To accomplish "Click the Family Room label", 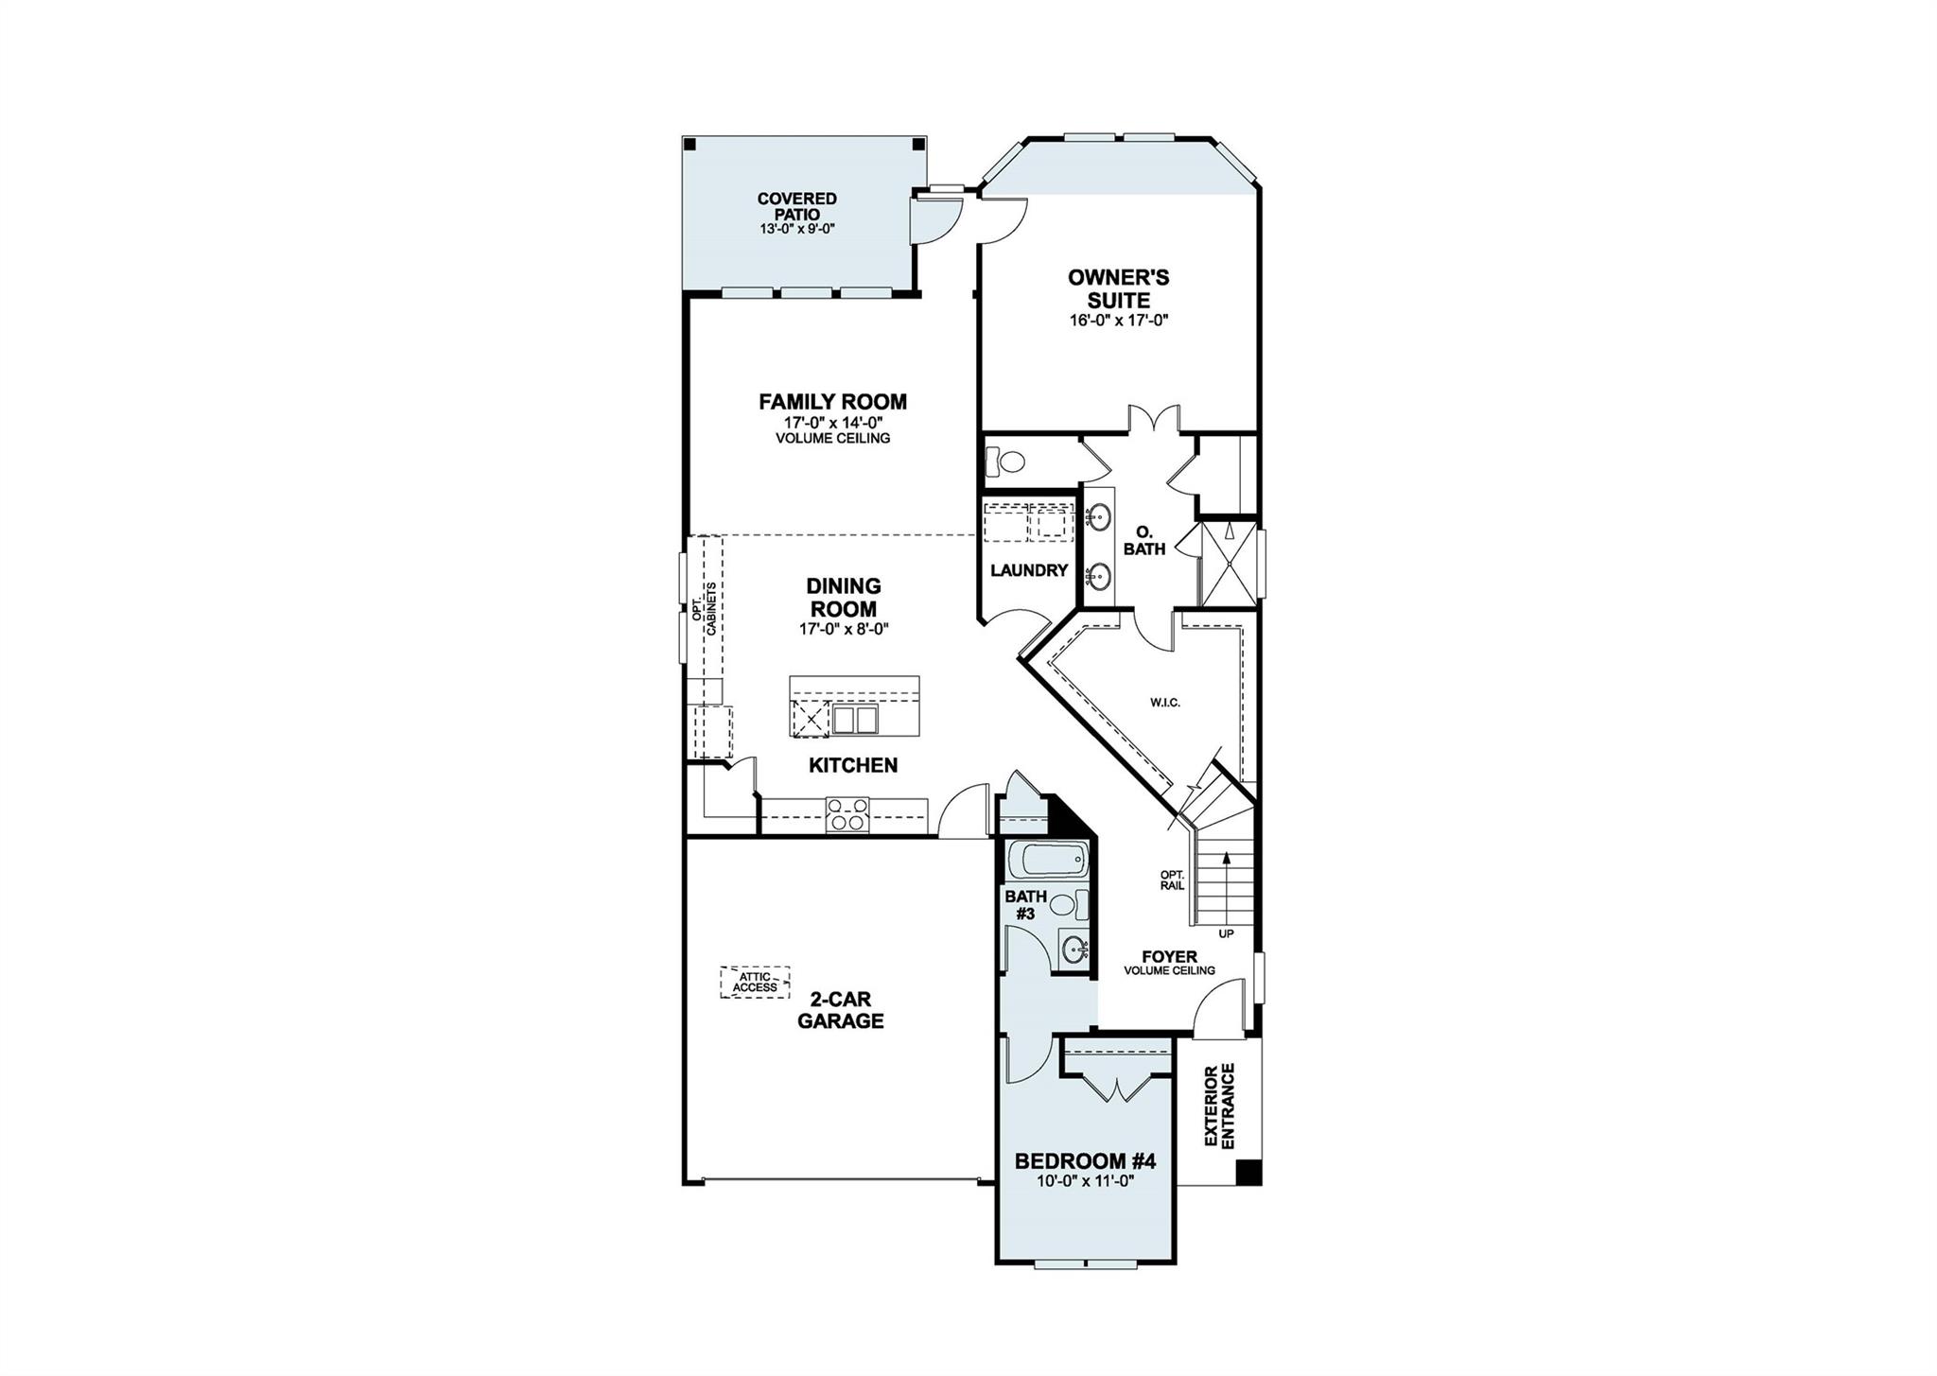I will [x=832, y=402].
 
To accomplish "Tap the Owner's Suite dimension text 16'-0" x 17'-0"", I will [x=1119, y=321].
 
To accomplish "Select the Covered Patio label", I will [x=796, y=206].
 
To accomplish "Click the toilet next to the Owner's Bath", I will [x=1005, y=462].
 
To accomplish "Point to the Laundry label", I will [x=1029, y=570].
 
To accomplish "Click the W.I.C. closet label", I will [x=1165, y=703].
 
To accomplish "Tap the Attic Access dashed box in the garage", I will [x=755, y=982].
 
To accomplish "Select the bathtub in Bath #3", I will [x=1044, y=862].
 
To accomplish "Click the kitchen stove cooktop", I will [x=847, y=814].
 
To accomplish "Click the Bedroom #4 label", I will [x=1085, y=1161].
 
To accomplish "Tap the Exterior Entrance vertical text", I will [x=1220, y=1106].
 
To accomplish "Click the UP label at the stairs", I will [x=1226, y=934].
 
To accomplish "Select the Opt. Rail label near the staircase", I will [x=1172, y=880].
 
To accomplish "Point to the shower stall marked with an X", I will [x=1228, y=564].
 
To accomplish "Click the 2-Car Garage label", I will [x=840, y=1010].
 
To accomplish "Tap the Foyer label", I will [x=1169, y=956].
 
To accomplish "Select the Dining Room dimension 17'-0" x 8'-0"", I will [x=844, y=629].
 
